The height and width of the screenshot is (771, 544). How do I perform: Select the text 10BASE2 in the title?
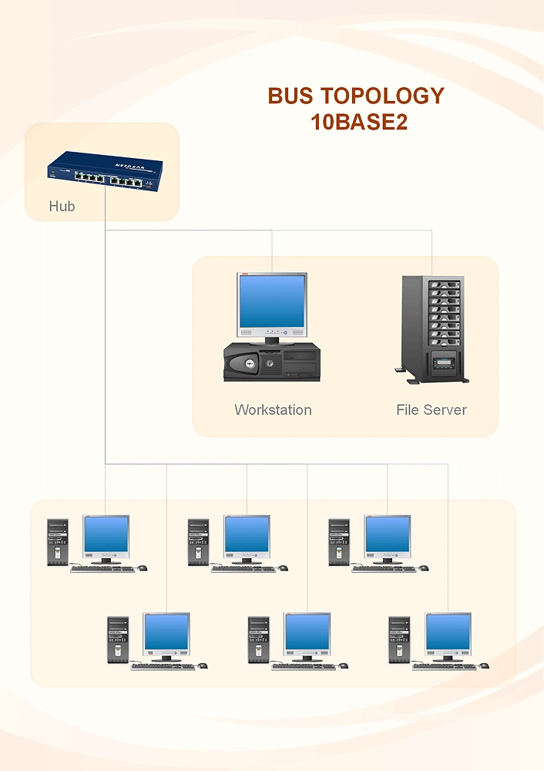point(358,122)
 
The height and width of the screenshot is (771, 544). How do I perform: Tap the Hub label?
point(62,207)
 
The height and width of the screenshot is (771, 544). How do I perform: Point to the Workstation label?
point(273,409)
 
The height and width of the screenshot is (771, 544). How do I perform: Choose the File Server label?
point(431,409)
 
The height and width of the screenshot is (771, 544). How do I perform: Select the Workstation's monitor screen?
point(271,301)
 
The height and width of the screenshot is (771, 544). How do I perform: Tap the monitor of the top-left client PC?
point(106,535)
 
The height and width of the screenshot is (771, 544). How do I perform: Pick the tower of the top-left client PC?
point(58,542)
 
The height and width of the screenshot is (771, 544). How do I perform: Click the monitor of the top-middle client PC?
point(247,535)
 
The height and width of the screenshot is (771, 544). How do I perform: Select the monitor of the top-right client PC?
point(388,535)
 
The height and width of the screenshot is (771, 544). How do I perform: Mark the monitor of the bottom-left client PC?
point(166,633)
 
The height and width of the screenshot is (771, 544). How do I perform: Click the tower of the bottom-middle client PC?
point(258,640)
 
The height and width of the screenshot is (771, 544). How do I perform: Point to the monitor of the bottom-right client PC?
point(448,633)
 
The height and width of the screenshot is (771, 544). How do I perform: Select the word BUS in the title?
point(290,96)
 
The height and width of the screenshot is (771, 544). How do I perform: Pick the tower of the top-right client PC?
point(339,542)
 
